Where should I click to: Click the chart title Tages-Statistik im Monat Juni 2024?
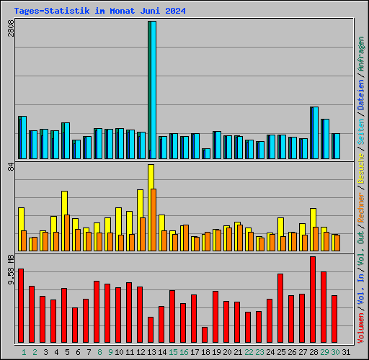click(x=99, y=11)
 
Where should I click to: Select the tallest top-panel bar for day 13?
click(x=152, y=90)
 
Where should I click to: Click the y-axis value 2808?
click(x=10, y=30)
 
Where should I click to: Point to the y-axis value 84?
click(x=10, y=168)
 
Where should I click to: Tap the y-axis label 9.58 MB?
click(x=10, y=269)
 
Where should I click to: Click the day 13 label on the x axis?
click(x=152, y=352)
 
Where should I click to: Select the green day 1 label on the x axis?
click(x=24, y=352)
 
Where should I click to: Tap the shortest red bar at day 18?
click(x=205, y=335)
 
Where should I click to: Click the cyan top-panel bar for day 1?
click(x=22, y=137)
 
